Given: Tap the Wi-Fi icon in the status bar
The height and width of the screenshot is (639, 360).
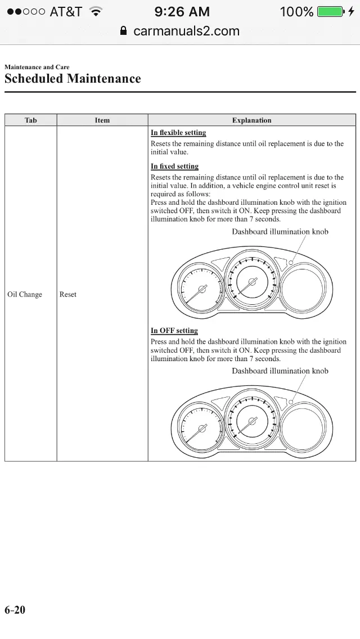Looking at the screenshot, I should [96, 11].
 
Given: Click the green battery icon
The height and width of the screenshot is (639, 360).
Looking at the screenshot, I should [330, 11].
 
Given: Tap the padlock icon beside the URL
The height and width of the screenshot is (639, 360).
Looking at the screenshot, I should [124, 31].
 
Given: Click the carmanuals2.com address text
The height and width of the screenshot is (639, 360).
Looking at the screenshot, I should [186, 31].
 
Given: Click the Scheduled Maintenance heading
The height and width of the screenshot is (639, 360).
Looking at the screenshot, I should [73, 79].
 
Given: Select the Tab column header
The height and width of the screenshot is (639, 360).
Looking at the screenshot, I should [31, 120].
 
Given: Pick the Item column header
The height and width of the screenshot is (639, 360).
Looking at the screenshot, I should [102, 120].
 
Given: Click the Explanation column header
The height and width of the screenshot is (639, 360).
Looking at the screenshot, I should [251, 120].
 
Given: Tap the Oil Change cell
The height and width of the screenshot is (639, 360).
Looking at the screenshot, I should [25, 294].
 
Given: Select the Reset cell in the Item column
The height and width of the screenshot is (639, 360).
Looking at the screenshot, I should [68, 294].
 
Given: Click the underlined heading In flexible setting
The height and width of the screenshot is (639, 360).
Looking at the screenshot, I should [178, 133].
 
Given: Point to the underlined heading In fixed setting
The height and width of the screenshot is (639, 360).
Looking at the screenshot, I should [174, 166].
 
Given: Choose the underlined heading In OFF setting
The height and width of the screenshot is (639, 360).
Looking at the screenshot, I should [174, 331].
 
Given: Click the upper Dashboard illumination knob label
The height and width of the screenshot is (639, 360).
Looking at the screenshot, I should [280, 232].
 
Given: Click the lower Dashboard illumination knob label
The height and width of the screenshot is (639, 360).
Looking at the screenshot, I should [280, 371].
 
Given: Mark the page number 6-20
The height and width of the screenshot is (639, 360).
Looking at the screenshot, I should [15, 610].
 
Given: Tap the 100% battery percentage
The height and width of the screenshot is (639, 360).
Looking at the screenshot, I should [296, 11].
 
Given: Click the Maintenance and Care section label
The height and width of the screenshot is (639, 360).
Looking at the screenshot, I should [37, 67].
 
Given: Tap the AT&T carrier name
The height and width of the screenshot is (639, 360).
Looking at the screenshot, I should [66, 11].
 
